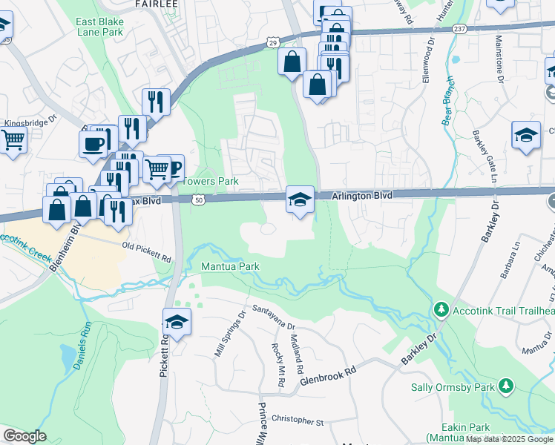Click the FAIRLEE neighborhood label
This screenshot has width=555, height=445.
pos(156,4)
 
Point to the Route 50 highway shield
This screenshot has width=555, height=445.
pos(197,200)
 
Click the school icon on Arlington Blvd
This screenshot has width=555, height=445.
pos(299,200)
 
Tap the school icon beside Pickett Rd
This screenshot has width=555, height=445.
pos(177,322)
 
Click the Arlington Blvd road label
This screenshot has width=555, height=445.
pos(361,195)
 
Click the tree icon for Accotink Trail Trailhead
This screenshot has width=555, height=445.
pos(441,309)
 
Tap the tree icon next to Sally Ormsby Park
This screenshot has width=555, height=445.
pos(505,386)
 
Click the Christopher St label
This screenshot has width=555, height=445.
pos(298,421)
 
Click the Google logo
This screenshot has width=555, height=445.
pos(24,436)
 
